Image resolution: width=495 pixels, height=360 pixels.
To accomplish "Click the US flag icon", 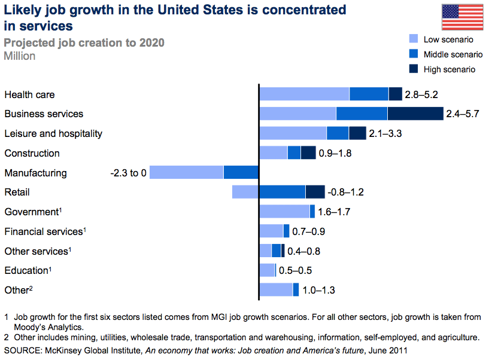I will coord(462,17).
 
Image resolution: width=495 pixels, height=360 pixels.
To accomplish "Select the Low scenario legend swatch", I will coord(413,39).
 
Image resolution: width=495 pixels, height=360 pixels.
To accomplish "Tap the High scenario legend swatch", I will coord(413,69).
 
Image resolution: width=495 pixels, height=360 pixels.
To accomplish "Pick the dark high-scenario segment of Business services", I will coord(415,114).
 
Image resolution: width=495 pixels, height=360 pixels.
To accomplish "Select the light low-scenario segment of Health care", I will coord(304,94).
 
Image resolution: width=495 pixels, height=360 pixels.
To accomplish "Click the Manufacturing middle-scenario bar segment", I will coord(241,172).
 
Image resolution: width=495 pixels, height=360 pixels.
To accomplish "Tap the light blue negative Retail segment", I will coord(245,192).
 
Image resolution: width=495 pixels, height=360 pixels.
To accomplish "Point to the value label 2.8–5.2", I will coord(422,94).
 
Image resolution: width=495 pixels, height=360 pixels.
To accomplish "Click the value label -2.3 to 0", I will coord(128,173).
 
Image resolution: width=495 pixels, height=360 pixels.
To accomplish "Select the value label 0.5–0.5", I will coord(294,270).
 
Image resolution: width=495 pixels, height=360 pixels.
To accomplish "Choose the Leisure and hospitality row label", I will coord(53,133).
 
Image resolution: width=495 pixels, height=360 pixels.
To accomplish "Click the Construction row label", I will coord(32,153).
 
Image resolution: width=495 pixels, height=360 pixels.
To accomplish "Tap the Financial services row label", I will coord(43,231).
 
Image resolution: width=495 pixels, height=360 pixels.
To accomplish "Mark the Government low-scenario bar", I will coord(284,211).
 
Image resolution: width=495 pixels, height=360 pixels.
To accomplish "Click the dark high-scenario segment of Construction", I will coord(308,152).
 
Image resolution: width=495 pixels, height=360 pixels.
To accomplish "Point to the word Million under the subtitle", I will coord(20,56).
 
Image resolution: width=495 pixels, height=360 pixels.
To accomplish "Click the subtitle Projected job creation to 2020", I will coord(84,43).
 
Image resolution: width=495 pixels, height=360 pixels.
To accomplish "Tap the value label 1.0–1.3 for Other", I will coord(318,290).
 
